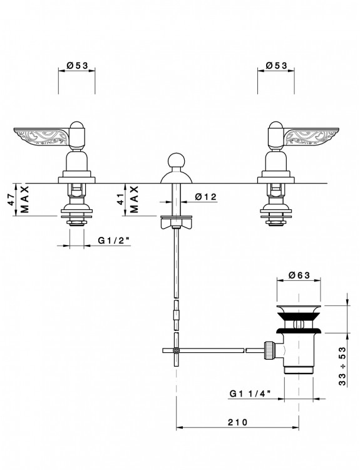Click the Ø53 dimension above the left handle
(x=77, y=65)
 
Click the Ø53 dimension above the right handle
(x=276, y=65)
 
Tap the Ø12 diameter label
(x=205, y=197)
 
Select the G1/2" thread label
(x=114, y=241)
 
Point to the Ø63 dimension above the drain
(x=299, y=275)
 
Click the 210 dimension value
(x=238, y=422)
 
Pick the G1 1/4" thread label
(x=250, y=394)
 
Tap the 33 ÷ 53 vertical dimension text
(x=342, y=366)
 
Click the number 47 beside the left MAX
(x=11, y=199)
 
